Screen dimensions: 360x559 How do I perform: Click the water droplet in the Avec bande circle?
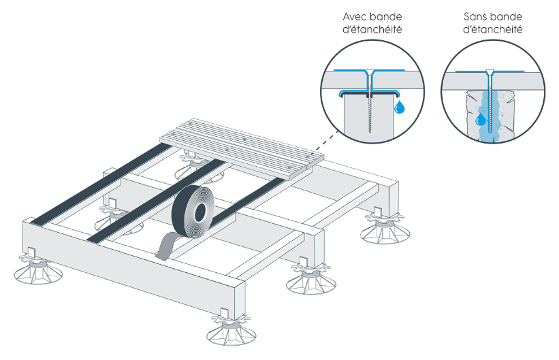pos(400,105)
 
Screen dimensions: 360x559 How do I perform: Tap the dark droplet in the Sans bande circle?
pos(481,120)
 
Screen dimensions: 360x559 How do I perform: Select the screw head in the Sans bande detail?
pos(490,72)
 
